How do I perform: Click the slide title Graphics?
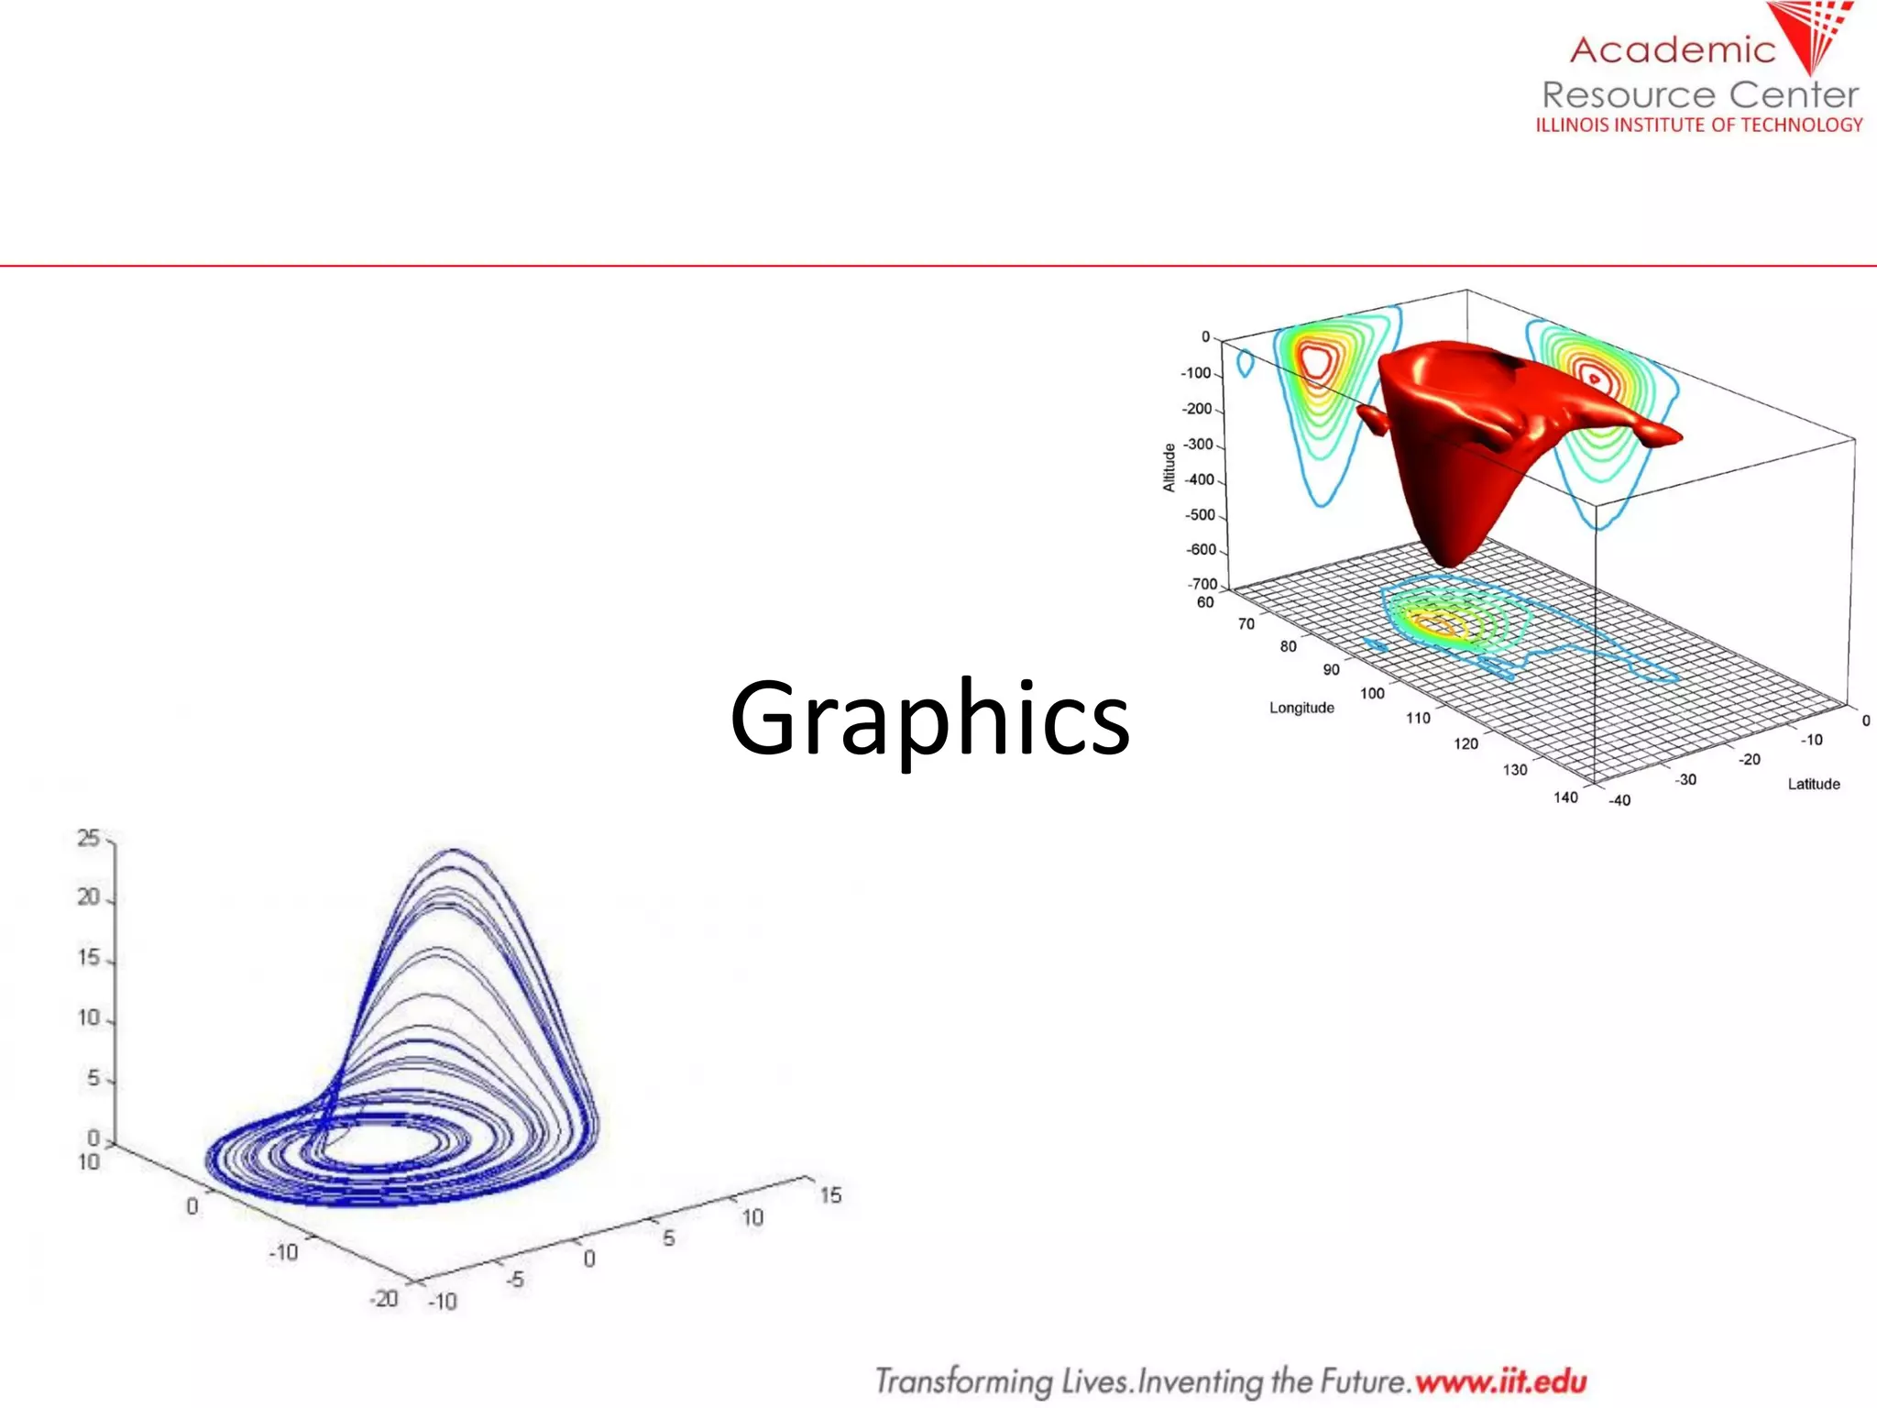pos(929,720)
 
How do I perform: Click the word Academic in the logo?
pos(1672,50)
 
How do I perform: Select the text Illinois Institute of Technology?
pos(1698,125)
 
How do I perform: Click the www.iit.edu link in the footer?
pos(1500,1380)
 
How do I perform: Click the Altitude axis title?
pos(1169,467)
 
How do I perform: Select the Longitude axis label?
pos(1301,708)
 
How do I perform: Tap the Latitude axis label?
pos(1813,784)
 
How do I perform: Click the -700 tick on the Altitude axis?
pos(1202,584)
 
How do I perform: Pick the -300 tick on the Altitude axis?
pos(1199,445)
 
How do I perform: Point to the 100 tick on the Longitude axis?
pos(1372,694)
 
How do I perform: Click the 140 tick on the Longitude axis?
pos(1565,797)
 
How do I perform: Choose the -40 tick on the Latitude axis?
pos(1619,800)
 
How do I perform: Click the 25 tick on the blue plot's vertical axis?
pos(88,838)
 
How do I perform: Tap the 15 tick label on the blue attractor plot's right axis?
pos(830,1195)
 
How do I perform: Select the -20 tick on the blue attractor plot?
pos(384,1299)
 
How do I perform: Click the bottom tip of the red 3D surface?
pos(1449,561)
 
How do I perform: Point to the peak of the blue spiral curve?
pos(455,852)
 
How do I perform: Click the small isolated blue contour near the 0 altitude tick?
pos(1245,363)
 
